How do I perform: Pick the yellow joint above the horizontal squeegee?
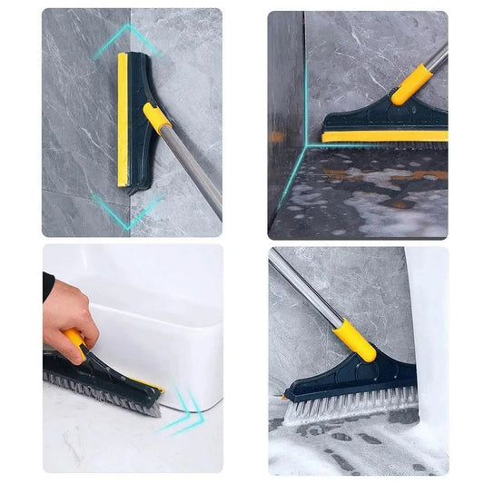tap(411, 84)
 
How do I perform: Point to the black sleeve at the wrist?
tap(47, 285)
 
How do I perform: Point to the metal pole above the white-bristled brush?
tap(304, 287)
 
